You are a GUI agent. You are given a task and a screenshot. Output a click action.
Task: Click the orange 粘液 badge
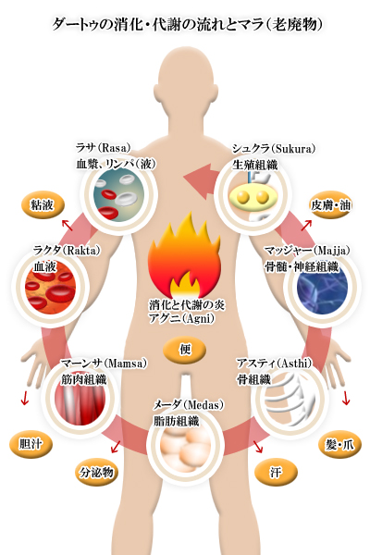tap(43, 205)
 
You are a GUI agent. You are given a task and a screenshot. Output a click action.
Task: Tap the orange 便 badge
tap(185, 350)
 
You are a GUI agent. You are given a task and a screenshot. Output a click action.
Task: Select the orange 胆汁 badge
tap(31, 444)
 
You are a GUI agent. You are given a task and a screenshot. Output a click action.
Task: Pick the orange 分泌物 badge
tap(96, 473)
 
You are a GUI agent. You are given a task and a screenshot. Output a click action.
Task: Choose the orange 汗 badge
tap(276, 473)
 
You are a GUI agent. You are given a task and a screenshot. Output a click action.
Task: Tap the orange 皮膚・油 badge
tap(330, 205)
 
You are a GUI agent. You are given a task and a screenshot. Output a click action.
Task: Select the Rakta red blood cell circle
tap(51, 288)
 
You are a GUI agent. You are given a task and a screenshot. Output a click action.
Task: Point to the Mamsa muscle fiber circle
tap(80, 399)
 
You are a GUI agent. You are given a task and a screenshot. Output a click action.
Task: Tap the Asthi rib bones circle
tap(290, 399)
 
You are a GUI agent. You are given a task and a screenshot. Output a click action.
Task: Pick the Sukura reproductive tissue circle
tap(253, 194)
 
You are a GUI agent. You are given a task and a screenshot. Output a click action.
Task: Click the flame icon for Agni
tap(184, 255)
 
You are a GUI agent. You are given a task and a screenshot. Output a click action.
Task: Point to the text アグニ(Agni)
tap(181, 318)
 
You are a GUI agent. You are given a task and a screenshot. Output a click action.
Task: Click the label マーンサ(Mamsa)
tap(104, 364)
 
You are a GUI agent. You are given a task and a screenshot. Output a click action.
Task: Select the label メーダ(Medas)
tap(189, 404)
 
